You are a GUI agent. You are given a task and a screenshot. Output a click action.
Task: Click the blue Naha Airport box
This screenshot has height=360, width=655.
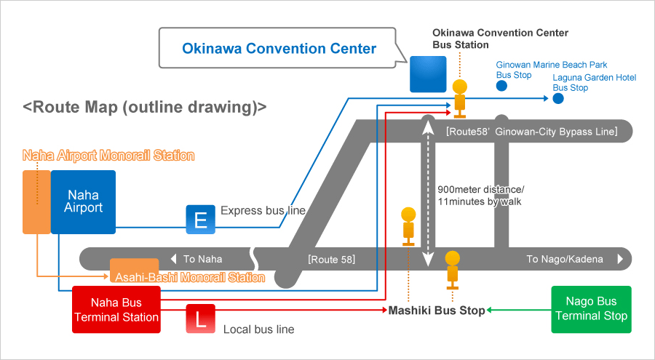[x=83, y=201]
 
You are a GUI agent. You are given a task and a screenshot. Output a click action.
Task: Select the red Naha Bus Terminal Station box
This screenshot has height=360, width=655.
[x=116, y=310]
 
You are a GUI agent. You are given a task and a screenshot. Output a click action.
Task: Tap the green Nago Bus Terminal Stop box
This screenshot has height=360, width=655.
[x=591, y=309]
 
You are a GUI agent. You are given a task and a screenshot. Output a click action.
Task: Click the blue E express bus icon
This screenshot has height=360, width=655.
[x=200, y=220]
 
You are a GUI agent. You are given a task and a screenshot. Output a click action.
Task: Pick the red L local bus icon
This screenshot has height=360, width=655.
[x=200, y=319]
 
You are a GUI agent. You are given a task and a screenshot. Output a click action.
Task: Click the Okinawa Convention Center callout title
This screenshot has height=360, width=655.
[x=279, y=49]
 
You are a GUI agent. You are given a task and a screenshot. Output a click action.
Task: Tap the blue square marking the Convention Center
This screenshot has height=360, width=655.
[x=428, y=74]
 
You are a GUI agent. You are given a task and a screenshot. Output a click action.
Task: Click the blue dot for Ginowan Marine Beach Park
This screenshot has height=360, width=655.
[x=501, y=87]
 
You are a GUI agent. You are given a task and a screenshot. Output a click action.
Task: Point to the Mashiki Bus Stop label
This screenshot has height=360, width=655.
[x=436, y=311]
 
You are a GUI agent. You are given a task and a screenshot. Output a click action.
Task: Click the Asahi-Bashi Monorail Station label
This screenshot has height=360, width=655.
[x=188, y=277]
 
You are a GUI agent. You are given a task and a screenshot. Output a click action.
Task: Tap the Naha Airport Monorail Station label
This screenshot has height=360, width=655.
[x=108, y=156]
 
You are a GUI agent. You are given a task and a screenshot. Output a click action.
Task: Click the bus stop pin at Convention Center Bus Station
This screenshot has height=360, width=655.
[x=459, y=97]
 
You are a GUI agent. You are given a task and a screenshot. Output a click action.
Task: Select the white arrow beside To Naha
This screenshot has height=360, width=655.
[x=173, y=259]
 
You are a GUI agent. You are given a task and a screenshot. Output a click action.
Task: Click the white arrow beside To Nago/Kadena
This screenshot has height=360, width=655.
[x=620, y=259]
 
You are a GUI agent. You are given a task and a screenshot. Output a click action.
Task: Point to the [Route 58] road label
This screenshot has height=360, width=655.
[x=331, y=259]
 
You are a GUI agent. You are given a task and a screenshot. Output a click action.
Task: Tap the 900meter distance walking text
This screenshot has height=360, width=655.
[x=480, y=195]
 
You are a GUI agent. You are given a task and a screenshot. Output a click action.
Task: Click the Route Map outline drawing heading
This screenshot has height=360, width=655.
[x=145, y=107]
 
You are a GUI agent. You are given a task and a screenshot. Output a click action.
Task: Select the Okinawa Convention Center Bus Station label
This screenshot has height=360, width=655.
[x=500, y=39]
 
